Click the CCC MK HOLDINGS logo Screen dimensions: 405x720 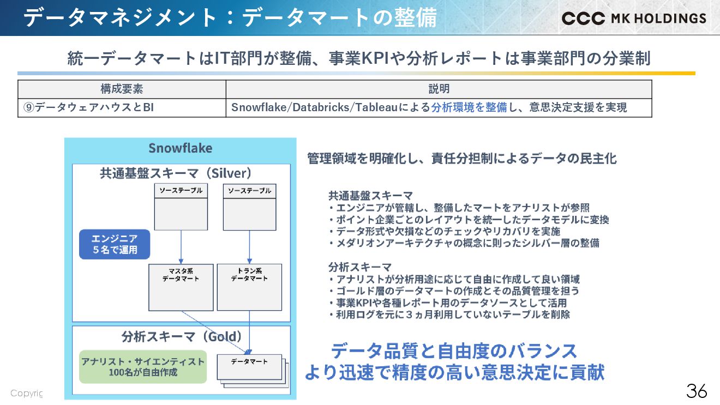(633, 18)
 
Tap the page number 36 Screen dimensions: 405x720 (697, 391)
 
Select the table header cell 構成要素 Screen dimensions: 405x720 (122, 89)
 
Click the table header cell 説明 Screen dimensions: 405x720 (439, 89)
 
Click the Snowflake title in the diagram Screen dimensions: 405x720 (180, 148)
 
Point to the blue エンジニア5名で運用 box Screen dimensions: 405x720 (115, 244)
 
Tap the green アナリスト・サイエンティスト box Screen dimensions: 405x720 (143, 367)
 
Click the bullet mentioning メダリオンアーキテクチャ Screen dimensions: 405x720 (464, 243)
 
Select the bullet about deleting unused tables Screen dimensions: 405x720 (449, 315)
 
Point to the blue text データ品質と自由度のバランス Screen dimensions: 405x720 (454, 350)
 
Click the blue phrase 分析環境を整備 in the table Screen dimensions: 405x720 (469, 107)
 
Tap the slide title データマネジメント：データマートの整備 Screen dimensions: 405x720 (230, 18)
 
